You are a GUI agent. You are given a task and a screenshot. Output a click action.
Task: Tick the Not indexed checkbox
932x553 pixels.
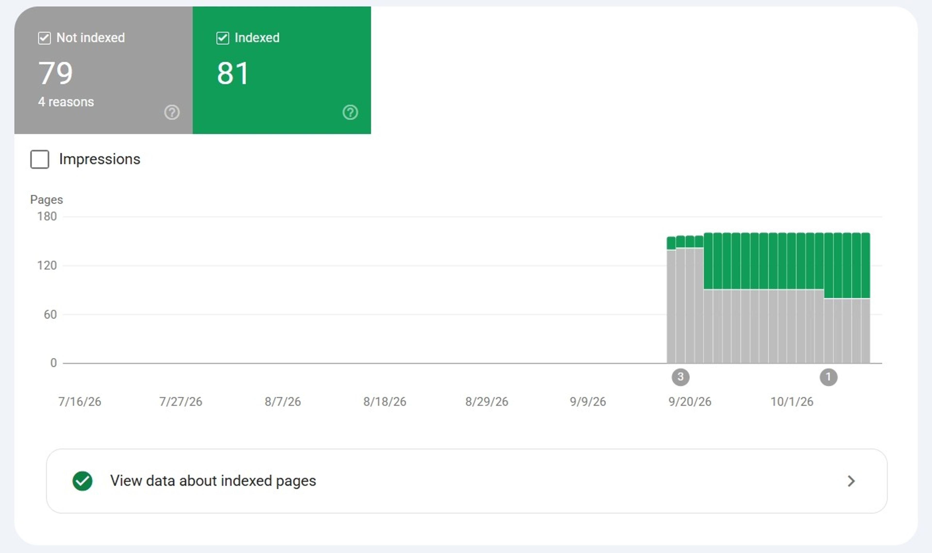pos(44,38)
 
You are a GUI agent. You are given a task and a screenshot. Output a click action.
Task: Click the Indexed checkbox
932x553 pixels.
pos(223,38)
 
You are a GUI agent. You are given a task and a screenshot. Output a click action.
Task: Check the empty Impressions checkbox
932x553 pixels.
pos(40,159)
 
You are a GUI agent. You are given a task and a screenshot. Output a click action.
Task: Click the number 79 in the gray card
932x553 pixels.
pos(56,73)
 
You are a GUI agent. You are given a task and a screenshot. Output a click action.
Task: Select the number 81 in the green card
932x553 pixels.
pos(233,73)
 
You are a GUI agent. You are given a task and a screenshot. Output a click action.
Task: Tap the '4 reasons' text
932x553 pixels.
pos(66,102)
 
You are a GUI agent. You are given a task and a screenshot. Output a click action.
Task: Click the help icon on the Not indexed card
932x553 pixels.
pos(172,112)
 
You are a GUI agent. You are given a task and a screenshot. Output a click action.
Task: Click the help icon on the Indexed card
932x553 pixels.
pos(350,112)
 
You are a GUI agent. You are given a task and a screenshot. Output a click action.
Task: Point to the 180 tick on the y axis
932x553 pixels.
pos(47,216)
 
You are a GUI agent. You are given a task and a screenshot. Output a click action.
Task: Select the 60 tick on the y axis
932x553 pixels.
pos(50,314)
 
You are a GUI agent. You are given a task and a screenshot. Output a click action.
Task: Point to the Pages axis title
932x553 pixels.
pos(47,200)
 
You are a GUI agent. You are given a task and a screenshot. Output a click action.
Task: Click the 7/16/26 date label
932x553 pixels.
pos(80,402)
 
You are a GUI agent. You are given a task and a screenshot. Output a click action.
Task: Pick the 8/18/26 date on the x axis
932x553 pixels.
pos(385,402)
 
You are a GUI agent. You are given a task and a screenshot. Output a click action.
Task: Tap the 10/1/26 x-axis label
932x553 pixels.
pos(792,402)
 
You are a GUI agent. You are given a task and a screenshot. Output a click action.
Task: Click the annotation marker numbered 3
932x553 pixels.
pos(681,377)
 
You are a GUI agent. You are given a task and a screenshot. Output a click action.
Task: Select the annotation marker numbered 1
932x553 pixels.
pos(828,377)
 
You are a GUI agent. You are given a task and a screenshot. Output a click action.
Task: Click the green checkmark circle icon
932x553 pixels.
pos(82,481)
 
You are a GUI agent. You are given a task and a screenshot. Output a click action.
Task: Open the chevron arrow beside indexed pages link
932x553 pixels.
pos(851,481)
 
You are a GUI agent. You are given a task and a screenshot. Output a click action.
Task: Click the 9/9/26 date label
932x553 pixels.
pos(588,402)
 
